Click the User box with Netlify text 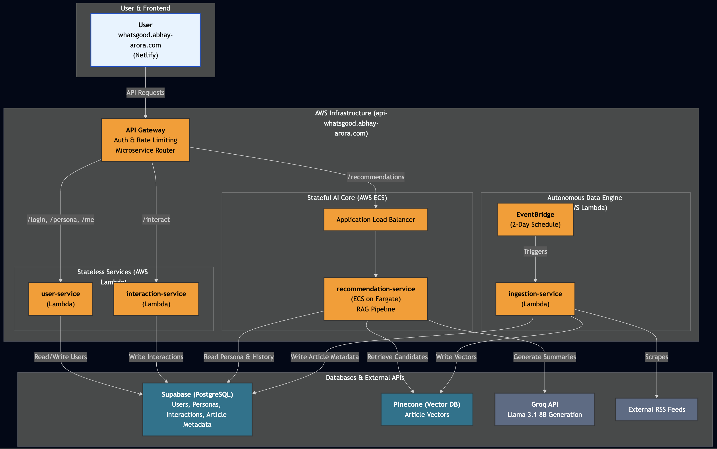145,40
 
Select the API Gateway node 145,140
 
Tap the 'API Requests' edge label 145,93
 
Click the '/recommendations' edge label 376,177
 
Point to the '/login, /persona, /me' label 61,219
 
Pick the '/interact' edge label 156,219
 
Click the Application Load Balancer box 376,219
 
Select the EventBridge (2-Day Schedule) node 535,219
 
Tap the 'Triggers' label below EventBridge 535,251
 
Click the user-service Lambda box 61,299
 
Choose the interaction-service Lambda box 156,299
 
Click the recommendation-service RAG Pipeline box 376,299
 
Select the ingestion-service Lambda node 535,299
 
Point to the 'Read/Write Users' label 61,357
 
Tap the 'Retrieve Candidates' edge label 397,357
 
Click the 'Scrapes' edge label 656,357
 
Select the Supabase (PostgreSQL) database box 197,409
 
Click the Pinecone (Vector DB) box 426,409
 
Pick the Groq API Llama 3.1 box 544,409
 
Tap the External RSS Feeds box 656,409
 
